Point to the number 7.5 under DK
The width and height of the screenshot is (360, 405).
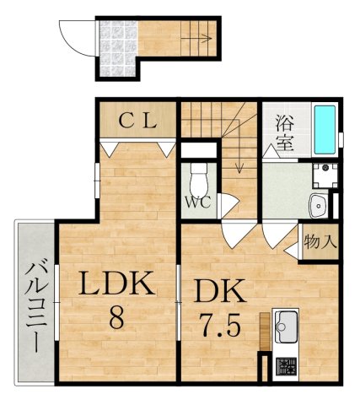coord(220,326)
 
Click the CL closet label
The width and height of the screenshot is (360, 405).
coord(137,120)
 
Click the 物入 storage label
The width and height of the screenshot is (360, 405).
coord(320,242)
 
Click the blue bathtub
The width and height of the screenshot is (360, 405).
coord(325,130)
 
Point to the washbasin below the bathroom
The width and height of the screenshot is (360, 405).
coord(320,203)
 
